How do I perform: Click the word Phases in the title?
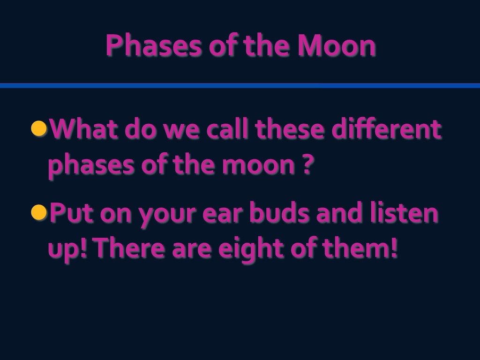(154, 45)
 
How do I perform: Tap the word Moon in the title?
(337, 45)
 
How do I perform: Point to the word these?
(289, 128)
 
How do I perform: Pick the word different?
(386, 128)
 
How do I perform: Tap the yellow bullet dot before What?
(39, 128)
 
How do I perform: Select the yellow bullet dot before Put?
(39, 212)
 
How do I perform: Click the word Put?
(71, 212)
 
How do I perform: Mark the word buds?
(279, 212)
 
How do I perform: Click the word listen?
(404, 212)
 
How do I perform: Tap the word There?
(130, 247)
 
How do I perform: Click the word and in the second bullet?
(339, 212)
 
